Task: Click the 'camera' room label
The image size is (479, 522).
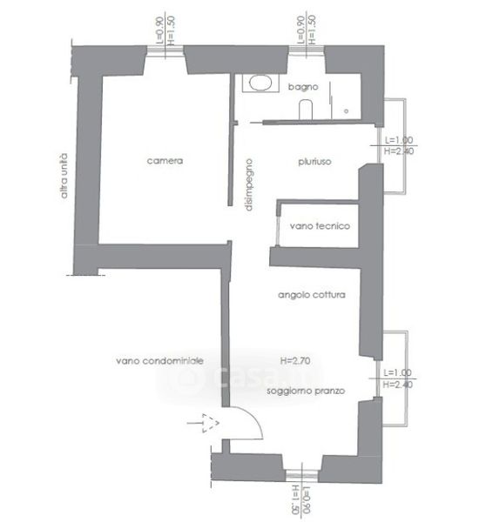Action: point(165,161)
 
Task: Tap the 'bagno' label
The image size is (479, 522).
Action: point(303,87)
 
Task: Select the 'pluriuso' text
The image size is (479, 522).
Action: point(314,162)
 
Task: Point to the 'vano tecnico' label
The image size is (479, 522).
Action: point(320,226)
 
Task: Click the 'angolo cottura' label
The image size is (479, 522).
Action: point(312,295)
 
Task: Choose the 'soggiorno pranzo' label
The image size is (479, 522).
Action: point(306,391)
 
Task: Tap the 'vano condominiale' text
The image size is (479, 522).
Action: point(159,361)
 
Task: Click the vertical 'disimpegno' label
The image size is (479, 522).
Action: point(249,184)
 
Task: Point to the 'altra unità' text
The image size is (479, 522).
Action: point(64,176)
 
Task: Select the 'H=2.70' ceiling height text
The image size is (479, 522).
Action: point(295,361)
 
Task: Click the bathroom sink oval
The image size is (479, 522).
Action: point(260,84)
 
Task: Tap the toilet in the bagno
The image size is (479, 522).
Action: point(306,110)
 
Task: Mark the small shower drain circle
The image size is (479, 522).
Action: point(346,111)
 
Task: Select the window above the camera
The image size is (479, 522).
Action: point(165,50)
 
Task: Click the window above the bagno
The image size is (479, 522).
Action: point(307,50)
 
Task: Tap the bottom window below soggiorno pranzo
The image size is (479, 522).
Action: point(302,475)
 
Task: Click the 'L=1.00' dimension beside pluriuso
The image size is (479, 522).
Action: point(399,140)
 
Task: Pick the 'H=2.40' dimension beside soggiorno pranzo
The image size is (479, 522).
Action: point(398,385)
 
